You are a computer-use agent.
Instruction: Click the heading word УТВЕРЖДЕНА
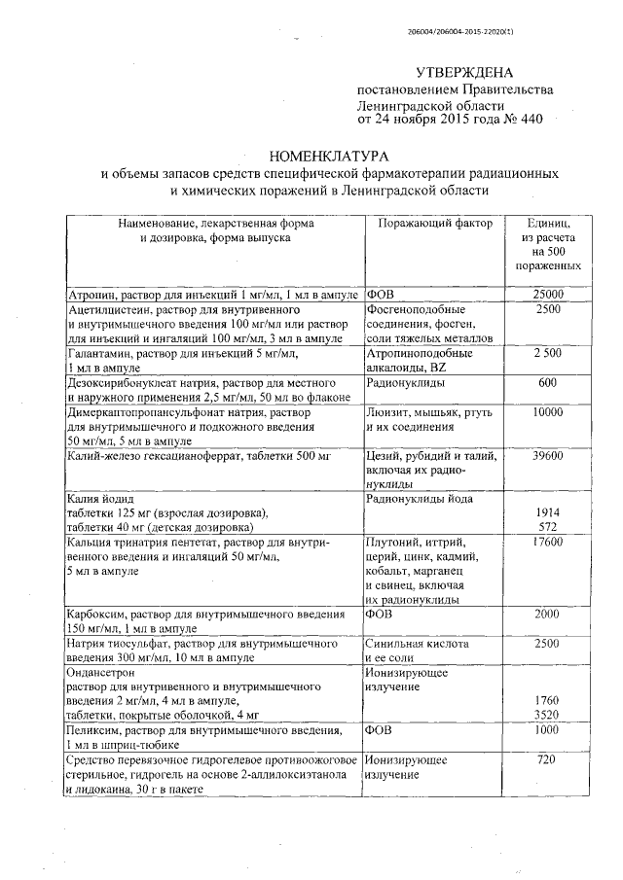[x=463, y=73]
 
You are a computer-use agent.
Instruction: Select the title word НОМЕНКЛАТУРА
[x=329, y=155]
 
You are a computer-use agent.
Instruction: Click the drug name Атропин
[x=89, y=294]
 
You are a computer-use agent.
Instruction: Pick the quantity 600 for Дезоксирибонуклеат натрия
[x=547, y=383]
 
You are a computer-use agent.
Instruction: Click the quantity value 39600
[x=547, y=455]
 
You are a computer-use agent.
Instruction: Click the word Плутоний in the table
[x=391, y=542]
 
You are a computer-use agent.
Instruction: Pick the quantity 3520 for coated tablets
[x=547, y=714]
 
